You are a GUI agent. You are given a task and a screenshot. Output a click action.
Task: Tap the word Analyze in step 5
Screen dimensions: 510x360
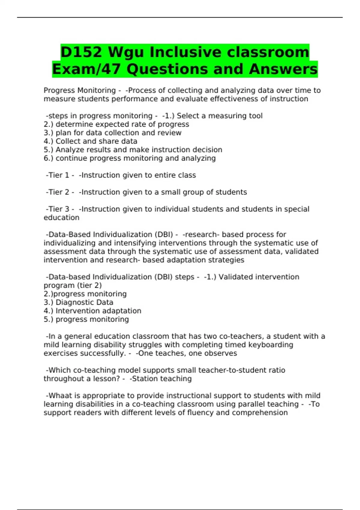[x=68, y=150]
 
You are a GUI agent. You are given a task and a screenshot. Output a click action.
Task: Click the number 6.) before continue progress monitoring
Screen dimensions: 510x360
[x=48, y=158]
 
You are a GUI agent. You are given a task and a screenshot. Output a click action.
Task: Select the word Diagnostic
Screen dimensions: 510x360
[x=74, y=302]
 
